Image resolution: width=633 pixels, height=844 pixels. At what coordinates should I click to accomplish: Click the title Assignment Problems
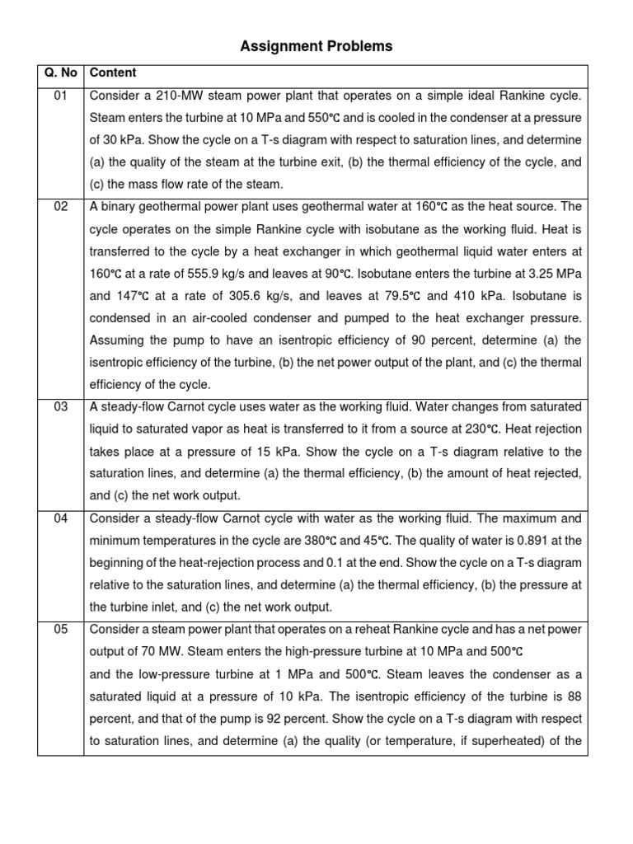pyautogui.click(x=316, y=47)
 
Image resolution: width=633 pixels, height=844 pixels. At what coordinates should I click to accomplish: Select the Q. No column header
pyautogui.click(x=60, y=73)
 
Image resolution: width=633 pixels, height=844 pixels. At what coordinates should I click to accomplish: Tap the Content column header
pyautogui.click(x=113, y=73)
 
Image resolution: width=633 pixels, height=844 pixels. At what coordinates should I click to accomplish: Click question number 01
pyautogui.click(x=60, y=95)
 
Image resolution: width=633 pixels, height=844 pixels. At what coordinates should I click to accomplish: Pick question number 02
pyautogui.click(x=60, y=206)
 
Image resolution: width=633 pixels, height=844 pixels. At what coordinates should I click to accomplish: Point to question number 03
pyautogui.click(x=60, y=406)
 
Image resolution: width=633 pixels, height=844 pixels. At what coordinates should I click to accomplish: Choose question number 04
pyautogui.click(x=60, y=518)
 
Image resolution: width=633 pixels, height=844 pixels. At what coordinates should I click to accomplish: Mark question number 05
pyautogui.click(x=60, y=630)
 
